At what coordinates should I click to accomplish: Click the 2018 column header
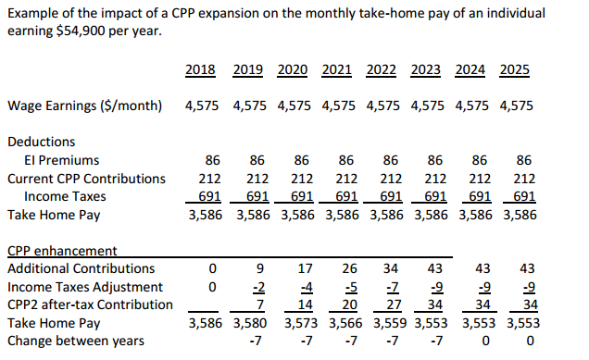[x=200, y=69]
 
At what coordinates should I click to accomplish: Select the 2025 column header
[x=515, y=69]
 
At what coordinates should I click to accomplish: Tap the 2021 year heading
[x=336, y=69]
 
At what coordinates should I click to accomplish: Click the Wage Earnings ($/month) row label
[x=85, y=106]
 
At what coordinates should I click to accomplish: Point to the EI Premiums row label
[x=62, y=160]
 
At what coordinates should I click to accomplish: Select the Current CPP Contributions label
[x=86, y=179]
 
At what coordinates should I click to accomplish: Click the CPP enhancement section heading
[x=62, y=251]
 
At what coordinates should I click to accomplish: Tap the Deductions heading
[x=42, y=142]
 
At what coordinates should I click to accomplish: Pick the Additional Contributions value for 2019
[x=260, y=268]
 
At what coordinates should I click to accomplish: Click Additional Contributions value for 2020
[x=305, y=268]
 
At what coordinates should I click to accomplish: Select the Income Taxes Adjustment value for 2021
[x=351, y=287]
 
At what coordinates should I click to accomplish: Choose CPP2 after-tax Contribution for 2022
[x=394, y=304]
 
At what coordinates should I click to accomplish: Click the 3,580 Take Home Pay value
[x=250, y=323]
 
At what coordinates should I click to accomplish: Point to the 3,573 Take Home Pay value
[x=301, y=323]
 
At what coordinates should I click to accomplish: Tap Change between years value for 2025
[x=530, y=341]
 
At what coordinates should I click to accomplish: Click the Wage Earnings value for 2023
[x=427, y=106]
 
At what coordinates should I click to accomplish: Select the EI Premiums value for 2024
[x=480, y=160]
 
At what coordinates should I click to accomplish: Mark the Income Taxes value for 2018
[x=209, y=196]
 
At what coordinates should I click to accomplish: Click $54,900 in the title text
[x=81, y=31]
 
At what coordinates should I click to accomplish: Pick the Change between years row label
[x=76, y=341]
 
